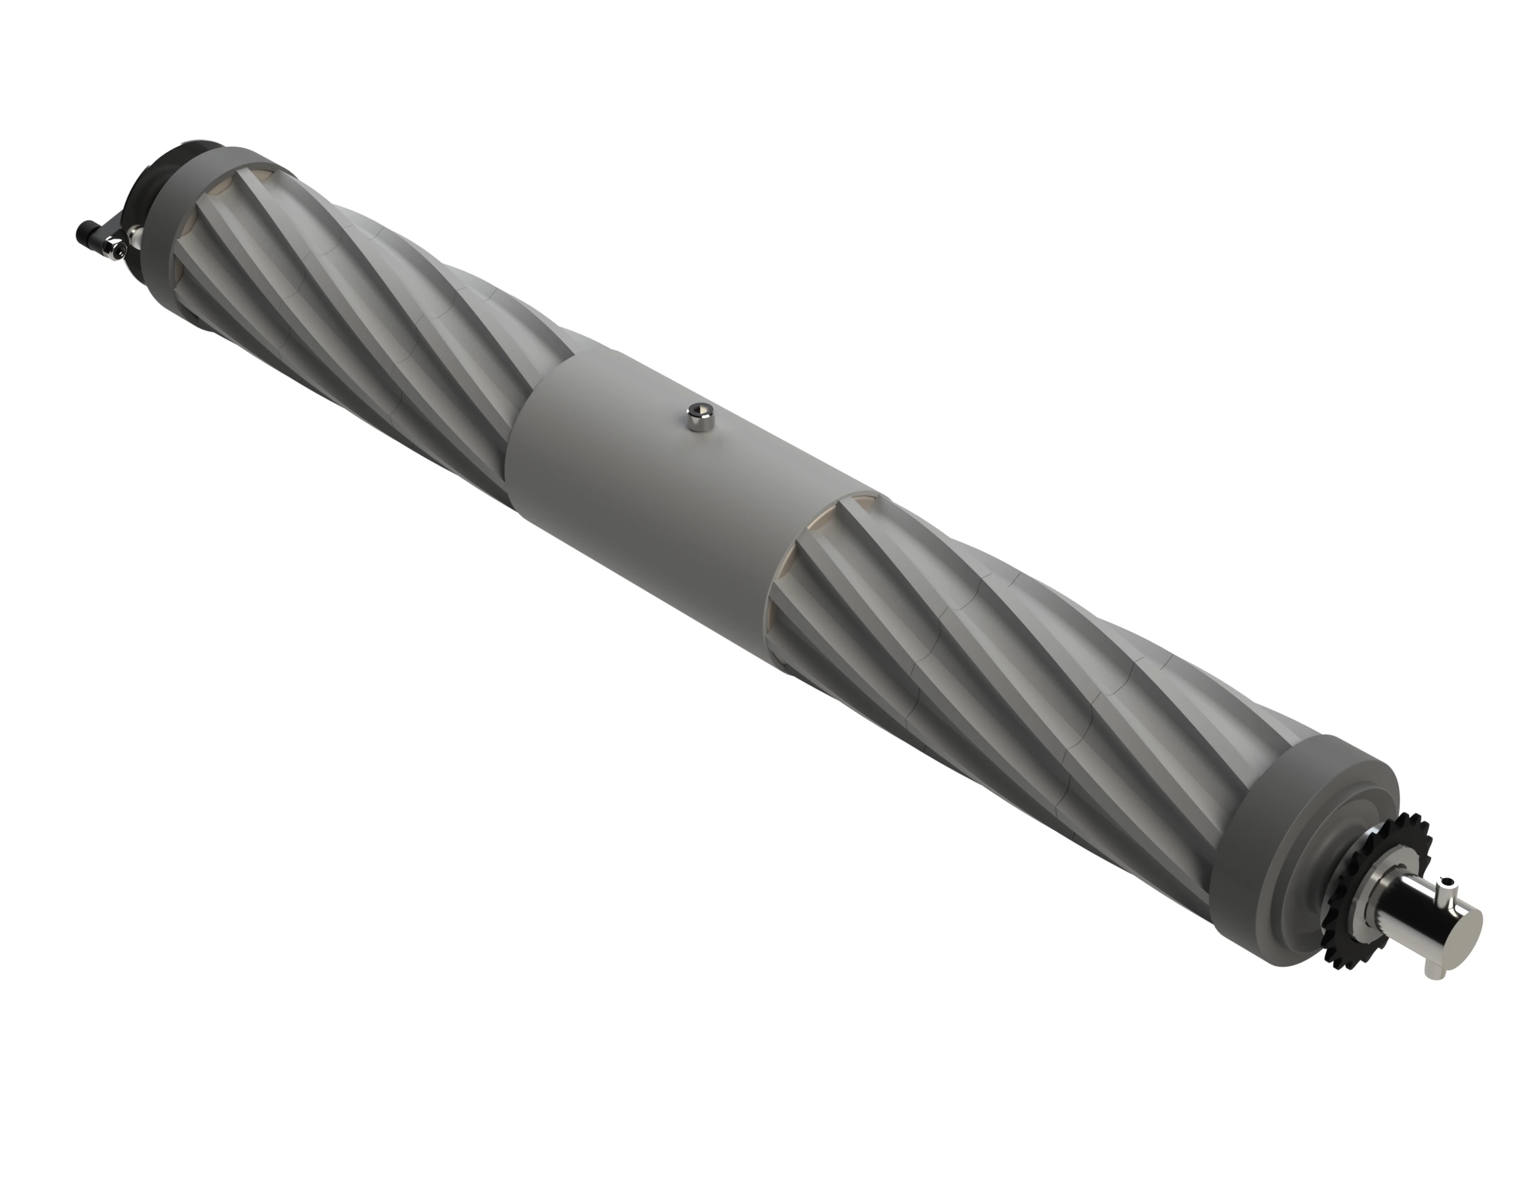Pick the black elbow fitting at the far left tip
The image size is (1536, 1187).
(86, 231)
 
